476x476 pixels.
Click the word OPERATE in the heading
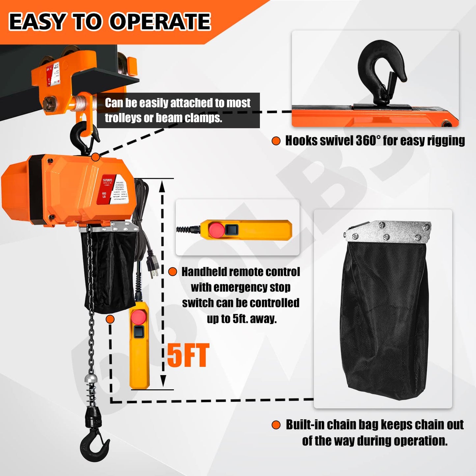click(x=160, y=22)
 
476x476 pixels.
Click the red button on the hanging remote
click(x=139, y=317)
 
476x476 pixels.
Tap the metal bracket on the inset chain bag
click(x=389, y=232)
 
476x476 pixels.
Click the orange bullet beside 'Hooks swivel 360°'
click(x=276, y=141)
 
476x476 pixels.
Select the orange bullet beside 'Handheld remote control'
click(x=173, y=272)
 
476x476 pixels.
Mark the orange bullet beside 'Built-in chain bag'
click(x=276, y=425)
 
